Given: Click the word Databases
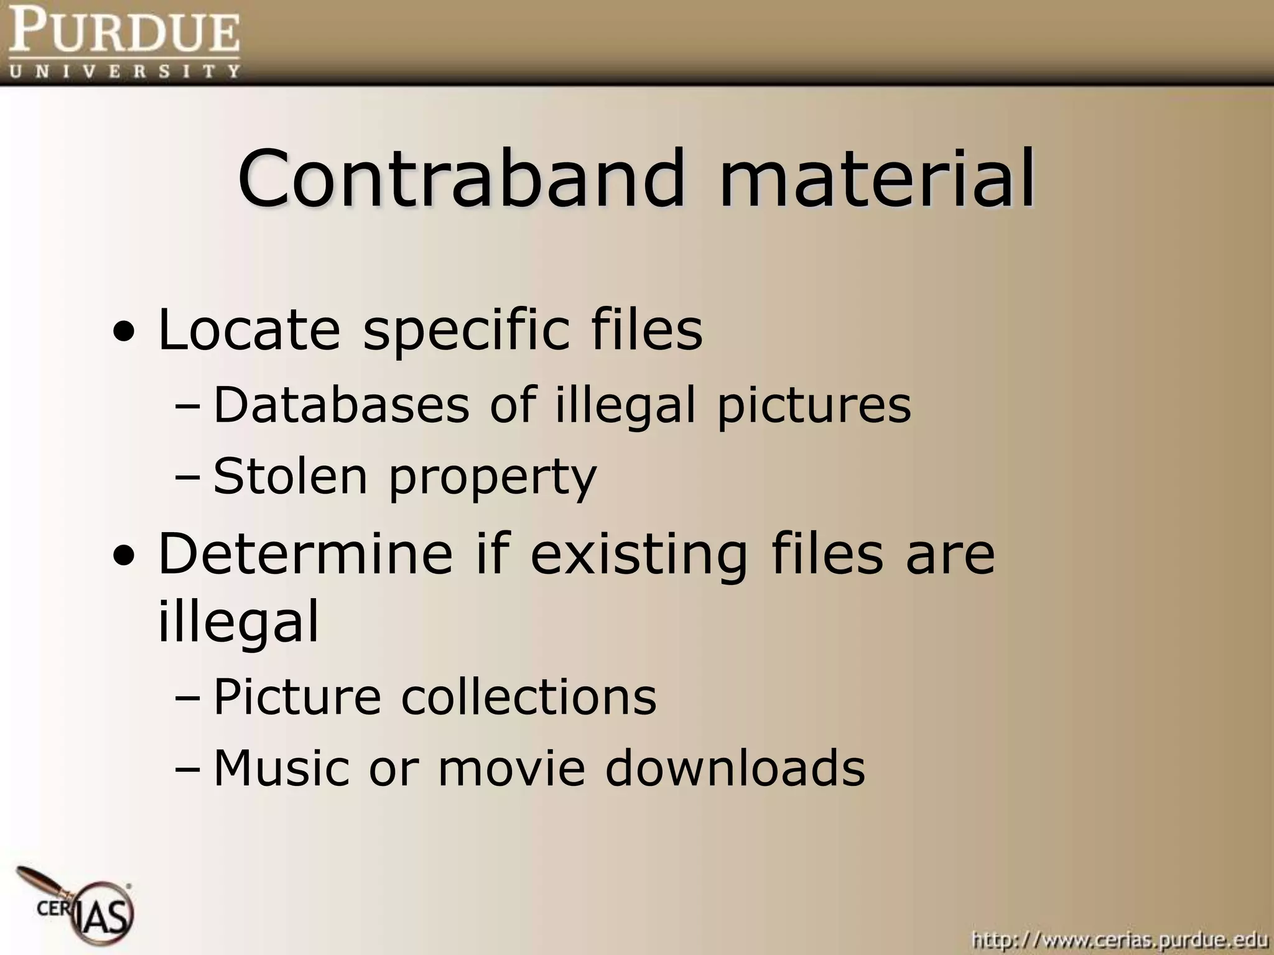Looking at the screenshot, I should (x=341, y=405).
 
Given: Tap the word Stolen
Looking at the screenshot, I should (x=291, y=476).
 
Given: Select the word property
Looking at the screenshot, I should (x=492, y=479).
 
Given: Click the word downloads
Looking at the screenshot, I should (x=735, y=767).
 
